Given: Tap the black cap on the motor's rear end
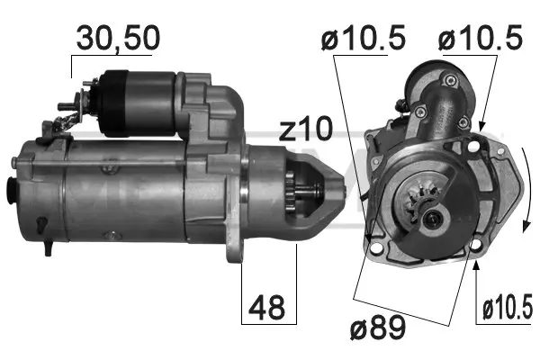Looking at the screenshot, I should coord(12,191).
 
